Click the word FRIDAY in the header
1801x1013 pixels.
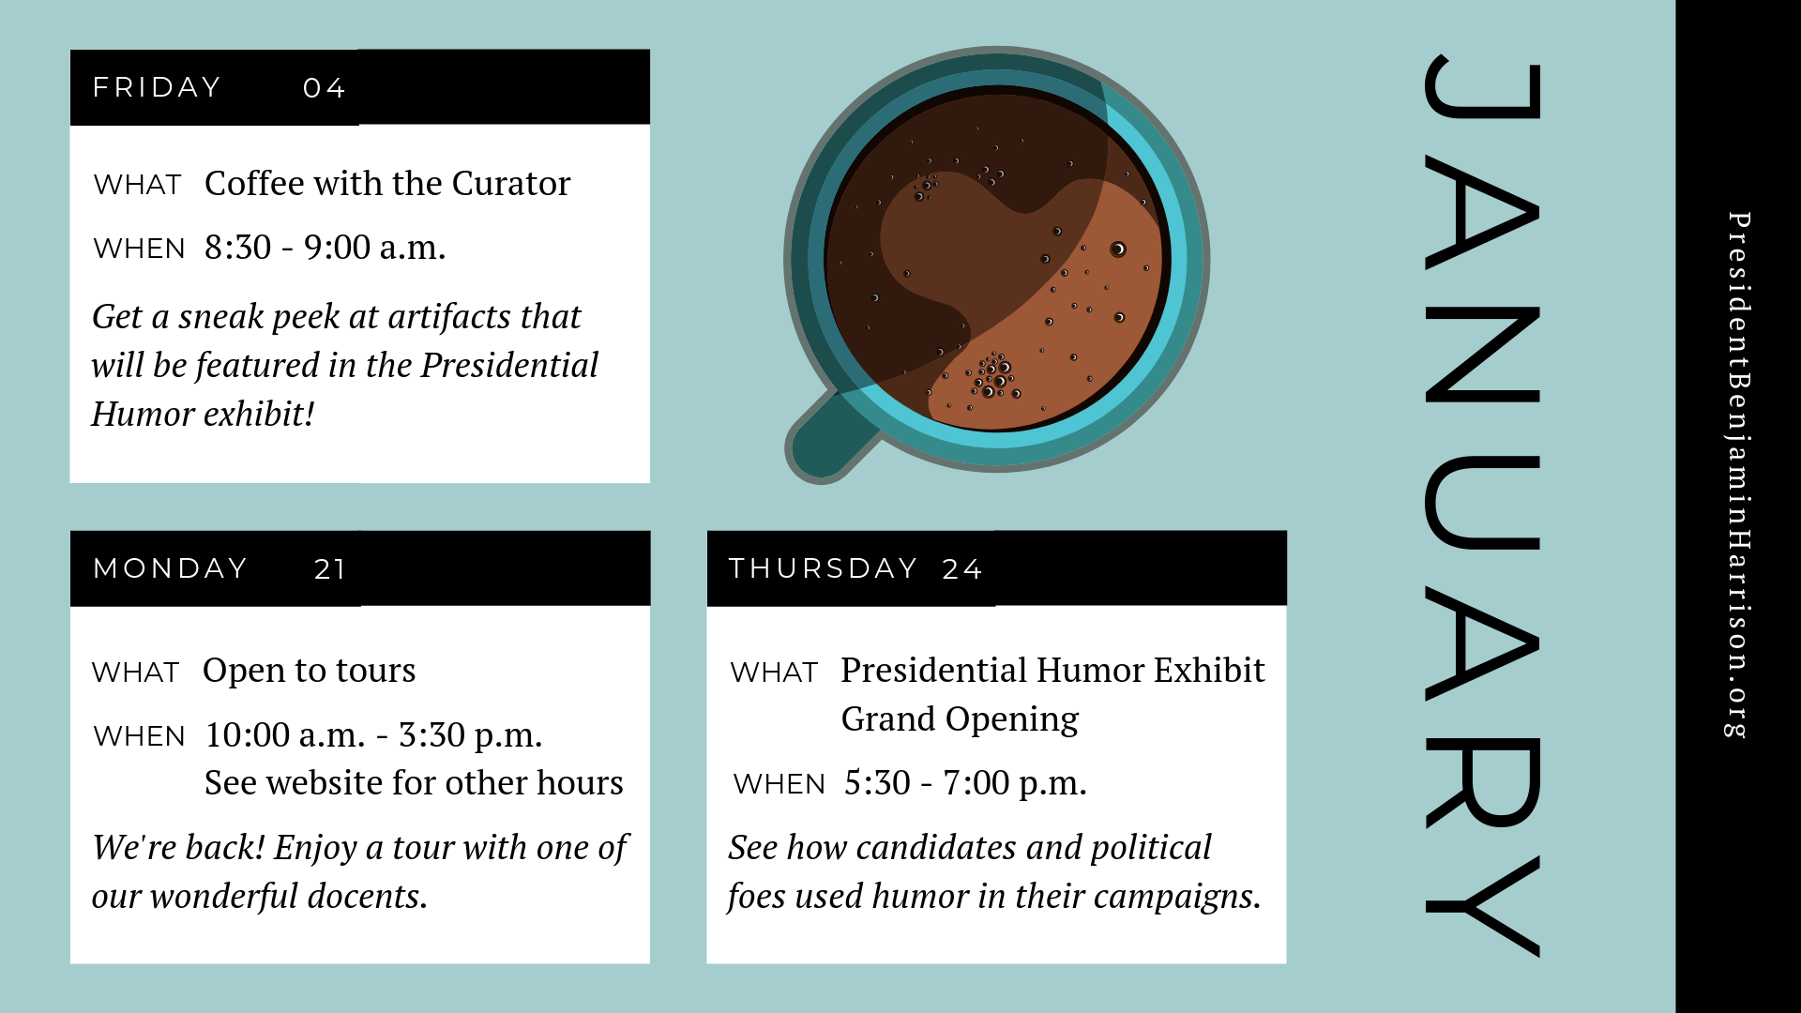157,87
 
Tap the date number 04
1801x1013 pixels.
325,88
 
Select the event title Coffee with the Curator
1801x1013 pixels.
386,183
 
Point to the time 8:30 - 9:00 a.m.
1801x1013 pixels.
325,248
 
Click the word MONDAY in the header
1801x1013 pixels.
171,568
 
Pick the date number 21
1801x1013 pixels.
330,569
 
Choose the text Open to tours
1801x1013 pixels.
309,671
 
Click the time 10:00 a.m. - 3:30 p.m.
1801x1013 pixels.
373,735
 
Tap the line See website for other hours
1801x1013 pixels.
414,783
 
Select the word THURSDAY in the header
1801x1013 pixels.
823,568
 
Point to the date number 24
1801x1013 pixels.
962,569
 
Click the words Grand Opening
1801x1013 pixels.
960,719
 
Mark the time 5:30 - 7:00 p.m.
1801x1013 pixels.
965,783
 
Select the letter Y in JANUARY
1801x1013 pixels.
1482,906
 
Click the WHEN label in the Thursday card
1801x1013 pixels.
779,784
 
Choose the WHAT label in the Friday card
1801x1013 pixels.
137,185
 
